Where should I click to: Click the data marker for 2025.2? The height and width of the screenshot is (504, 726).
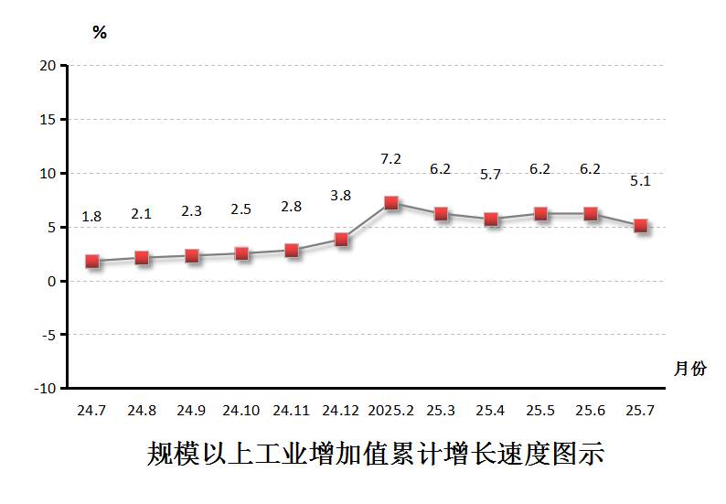pyautogui.click(x=391, y=203)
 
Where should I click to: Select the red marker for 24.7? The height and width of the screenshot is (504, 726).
pyautogui.click(x=92, y=261)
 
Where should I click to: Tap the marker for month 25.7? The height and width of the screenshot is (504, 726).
pyautogui.click(x=641, y=226)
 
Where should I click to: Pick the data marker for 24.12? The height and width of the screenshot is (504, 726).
pyautogui.click(x=341, y=240)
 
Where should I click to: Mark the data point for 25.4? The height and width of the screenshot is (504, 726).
pyautogui.click(x=491, y=220)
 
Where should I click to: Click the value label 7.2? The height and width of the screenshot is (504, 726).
pyautogui.click(x=390, y=159)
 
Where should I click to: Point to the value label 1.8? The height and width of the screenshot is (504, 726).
pyautogui.click(x=91, y=217)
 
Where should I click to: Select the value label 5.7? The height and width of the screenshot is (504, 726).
pyautogui.click(x=490, y=175)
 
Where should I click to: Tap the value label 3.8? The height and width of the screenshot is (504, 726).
pyautogui.click(x=340, y=195)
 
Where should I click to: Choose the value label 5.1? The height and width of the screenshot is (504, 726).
pyautogui.click(x=640, y=181)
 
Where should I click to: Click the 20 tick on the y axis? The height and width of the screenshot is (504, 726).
pyautogui.click(x=48, y=66)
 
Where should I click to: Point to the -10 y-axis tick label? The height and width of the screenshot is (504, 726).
pyautogui.click(x=45, y=389)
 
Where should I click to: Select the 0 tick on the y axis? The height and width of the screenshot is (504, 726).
pyautogui.click(x=52, y=282)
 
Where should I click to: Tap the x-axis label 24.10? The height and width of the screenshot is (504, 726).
pyautogui.click(x=241, y=411)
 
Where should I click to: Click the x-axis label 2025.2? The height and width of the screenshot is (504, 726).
pyautogui.click(x=390, y=411)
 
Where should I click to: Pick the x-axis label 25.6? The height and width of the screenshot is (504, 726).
pyautogui.click(x=591, y=411)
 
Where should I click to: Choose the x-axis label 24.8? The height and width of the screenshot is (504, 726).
pyautogui.click(x=142, y=411)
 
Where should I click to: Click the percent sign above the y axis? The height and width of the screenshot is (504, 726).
pyautogui.click(x=100, y=34)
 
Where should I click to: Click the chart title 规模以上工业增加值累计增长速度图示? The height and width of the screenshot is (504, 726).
pyautogui.click(x=376, y=455)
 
